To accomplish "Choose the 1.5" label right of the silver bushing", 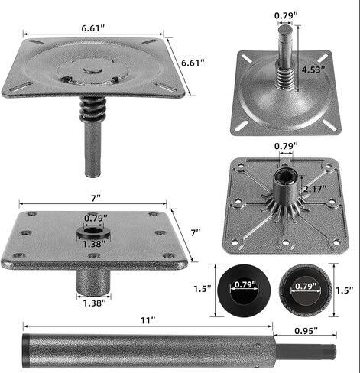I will click(345, 290).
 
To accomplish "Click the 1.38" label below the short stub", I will click(94, 303).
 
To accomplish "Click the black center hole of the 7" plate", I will click(94, 230).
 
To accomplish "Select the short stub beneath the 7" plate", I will click(93, 280).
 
